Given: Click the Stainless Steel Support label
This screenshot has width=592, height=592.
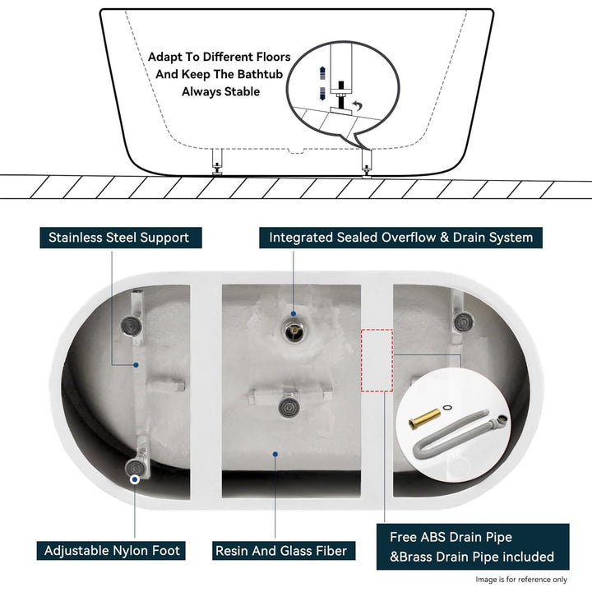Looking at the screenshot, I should point(118,238).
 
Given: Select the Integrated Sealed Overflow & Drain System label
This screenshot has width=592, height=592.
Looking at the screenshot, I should point(401,238).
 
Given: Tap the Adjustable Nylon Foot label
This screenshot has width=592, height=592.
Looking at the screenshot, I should point(112,550).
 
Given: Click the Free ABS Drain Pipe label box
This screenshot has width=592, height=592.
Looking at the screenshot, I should point(472,547).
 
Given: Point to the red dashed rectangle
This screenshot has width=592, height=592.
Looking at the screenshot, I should point(377,361).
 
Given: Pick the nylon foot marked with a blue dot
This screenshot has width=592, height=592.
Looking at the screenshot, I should point(135,471).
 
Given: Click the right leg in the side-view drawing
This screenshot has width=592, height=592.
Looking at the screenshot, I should point(366,161).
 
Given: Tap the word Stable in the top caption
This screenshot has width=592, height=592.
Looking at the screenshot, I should point(243,91).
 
